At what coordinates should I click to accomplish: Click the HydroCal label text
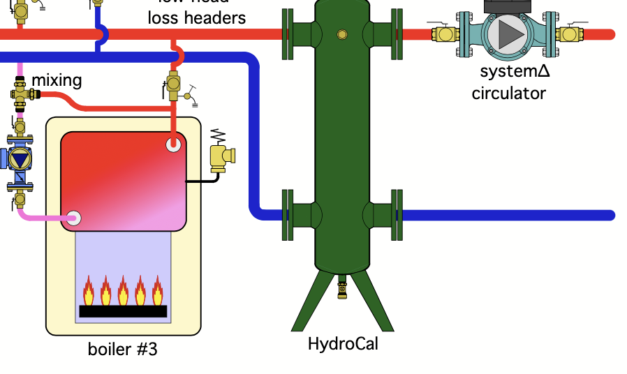(x=342, y=344)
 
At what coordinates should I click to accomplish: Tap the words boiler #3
(x=123, y=349)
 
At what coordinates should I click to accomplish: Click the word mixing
(x=57, y=80)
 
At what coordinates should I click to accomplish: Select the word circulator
(x=508, y=93)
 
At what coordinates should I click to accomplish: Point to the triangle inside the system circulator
(x=511, y=33)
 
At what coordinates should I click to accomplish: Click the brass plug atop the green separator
(x=341, y=34)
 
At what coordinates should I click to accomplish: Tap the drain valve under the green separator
(x=342, y=287)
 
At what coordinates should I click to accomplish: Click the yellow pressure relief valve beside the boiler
(x=221, y=157)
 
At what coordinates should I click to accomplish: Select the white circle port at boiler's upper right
(x=174, y=145)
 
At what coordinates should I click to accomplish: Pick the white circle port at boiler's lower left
(x=74, y=218)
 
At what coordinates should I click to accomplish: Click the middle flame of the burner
(x=123, y=291)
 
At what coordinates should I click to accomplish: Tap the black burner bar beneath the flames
(x=123, y=311)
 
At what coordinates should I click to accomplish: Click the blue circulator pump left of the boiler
(x=19, y=158)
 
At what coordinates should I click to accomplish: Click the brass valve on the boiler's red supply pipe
(x=174, y=84)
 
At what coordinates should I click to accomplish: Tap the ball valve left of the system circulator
(x=445, y=33)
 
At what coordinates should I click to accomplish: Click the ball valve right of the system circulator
(x=570, y=33)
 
